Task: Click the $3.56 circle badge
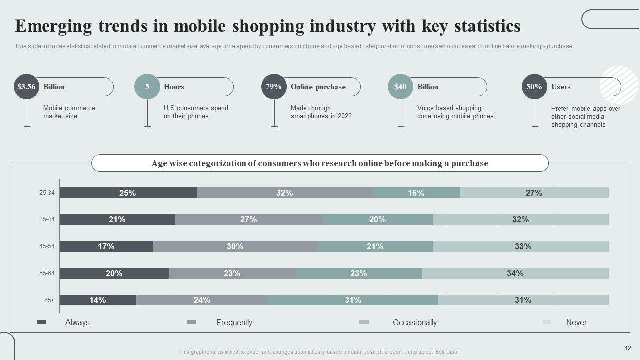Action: point(26,87)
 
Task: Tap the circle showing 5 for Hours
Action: point(147,87)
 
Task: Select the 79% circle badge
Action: point(274,87)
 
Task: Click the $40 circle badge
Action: point(400,87)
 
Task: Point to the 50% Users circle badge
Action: point(534,87)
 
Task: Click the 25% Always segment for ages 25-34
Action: point(128,193)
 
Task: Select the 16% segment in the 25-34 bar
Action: point(416,193)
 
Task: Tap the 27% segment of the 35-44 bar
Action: point(249,219)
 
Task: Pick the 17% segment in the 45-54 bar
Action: point(106,246)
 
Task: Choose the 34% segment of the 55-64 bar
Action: point(515,273)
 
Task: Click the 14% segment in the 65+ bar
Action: point(98,300)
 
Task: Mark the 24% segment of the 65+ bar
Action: point(202,300)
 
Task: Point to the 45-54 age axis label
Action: point(47,246)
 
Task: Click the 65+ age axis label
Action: point(49,300)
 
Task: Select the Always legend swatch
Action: point(42,322)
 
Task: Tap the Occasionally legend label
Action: point(415,323)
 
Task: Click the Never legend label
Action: point(576,323)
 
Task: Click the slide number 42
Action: point(628,348)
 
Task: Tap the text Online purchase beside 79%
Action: point(318,87)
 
